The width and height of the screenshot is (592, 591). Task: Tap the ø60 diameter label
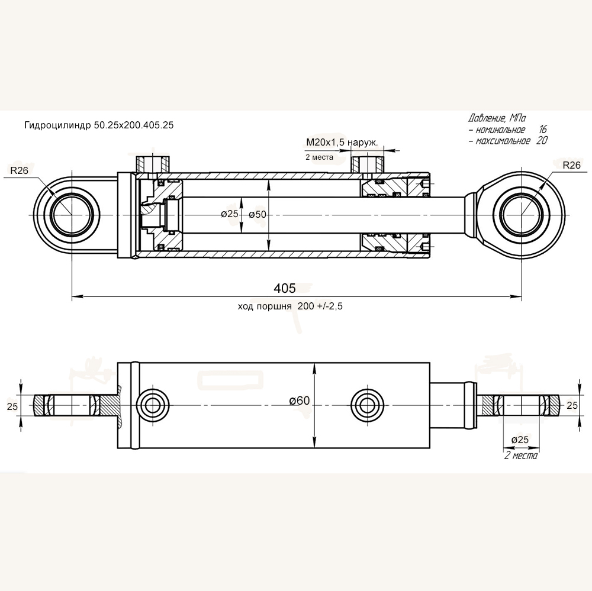coord(300,401)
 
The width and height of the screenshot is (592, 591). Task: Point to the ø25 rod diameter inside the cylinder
coord(230,214)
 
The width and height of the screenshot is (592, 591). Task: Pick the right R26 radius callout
coord(571,166)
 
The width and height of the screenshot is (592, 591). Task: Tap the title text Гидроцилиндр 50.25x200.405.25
coord(99,125)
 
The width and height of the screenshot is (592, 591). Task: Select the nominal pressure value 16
coord(543,129)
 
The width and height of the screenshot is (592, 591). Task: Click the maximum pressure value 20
coord(542,141)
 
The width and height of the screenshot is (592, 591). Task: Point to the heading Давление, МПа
coord(497,117)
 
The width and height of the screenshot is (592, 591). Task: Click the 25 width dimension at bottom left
coord(12,406)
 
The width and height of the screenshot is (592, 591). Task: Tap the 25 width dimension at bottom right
coord(572,405)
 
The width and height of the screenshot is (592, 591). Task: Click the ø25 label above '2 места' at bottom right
coord(519,440)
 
